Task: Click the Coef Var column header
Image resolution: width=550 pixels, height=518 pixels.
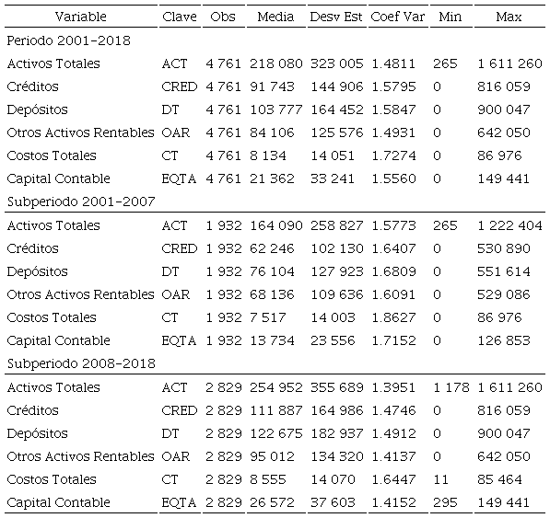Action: (398, 17)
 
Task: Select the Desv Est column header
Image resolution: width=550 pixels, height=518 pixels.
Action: (336, 17)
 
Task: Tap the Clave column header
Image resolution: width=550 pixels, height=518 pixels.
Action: (179, 17)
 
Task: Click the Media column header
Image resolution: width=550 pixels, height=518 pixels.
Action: (275, 17)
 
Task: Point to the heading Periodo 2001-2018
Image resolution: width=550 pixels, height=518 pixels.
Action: (68, 40)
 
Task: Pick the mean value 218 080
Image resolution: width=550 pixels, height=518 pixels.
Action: (275, 63)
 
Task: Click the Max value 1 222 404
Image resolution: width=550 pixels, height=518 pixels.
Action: (509, 225)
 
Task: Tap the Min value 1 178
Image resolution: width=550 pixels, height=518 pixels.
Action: (451, 387)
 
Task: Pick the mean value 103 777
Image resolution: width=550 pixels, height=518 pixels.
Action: (275, 109)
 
